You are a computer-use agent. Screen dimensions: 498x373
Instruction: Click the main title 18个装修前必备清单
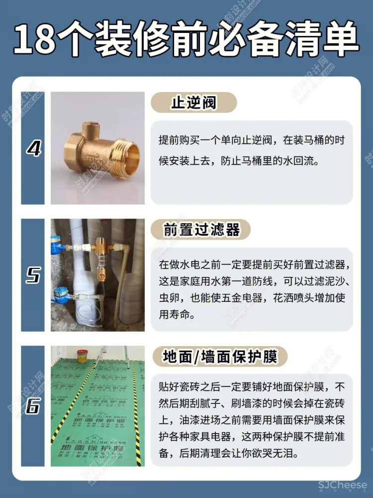(186, 39)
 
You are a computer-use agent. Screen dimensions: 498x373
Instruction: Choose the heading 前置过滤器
(201, 230)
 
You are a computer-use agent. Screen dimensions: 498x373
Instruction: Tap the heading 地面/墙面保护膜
(219, 357)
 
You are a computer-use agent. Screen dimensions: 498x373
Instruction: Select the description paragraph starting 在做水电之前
(251, 289)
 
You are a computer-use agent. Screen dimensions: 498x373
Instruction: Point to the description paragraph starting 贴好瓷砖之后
(251, 420)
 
